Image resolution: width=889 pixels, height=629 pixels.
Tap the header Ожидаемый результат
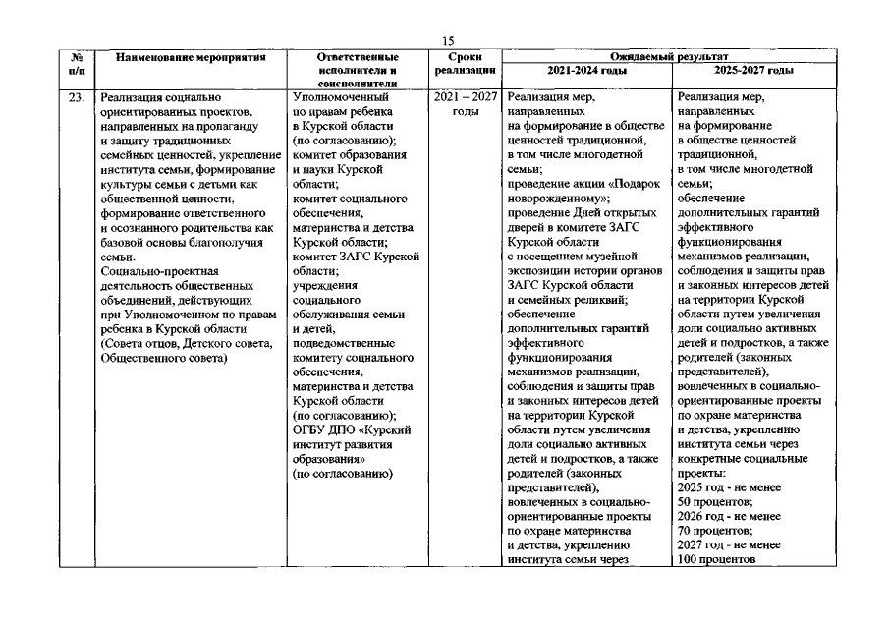(675, 59)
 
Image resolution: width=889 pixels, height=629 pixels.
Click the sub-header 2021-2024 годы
(587, 71)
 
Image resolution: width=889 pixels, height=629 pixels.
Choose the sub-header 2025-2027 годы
(755, 71)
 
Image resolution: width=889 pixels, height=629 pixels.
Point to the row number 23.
(75, 98)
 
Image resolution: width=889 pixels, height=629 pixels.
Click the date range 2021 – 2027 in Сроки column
(465, 98)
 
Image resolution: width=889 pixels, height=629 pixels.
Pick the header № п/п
(76, 65)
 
